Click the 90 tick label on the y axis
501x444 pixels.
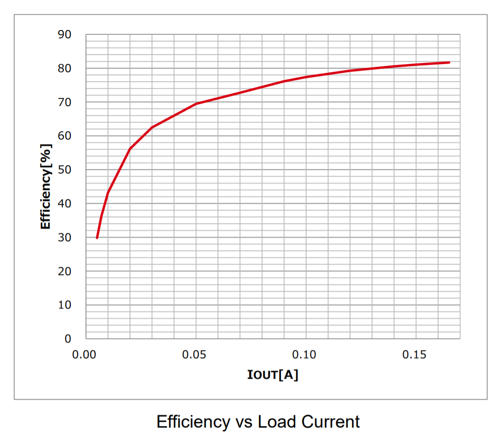64,35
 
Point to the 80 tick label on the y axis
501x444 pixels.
64,69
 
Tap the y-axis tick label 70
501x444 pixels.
64,102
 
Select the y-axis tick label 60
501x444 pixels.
64,136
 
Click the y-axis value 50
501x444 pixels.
64,170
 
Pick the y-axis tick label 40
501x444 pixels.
64,204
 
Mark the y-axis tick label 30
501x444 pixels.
64,238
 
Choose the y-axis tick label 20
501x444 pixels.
64,271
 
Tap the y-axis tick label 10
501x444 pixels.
64,305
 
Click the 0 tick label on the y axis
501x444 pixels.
68,339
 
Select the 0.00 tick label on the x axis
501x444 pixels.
86,355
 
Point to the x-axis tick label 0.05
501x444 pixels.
196,355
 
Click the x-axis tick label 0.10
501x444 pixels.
306,355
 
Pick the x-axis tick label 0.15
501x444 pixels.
416,355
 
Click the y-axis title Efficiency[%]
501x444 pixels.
46,187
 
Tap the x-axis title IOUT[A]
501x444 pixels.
273,375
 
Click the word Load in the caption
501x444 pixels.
276,422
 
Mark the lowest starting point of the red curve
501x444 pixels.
97,238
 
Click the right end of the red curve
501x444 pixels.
449,63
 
